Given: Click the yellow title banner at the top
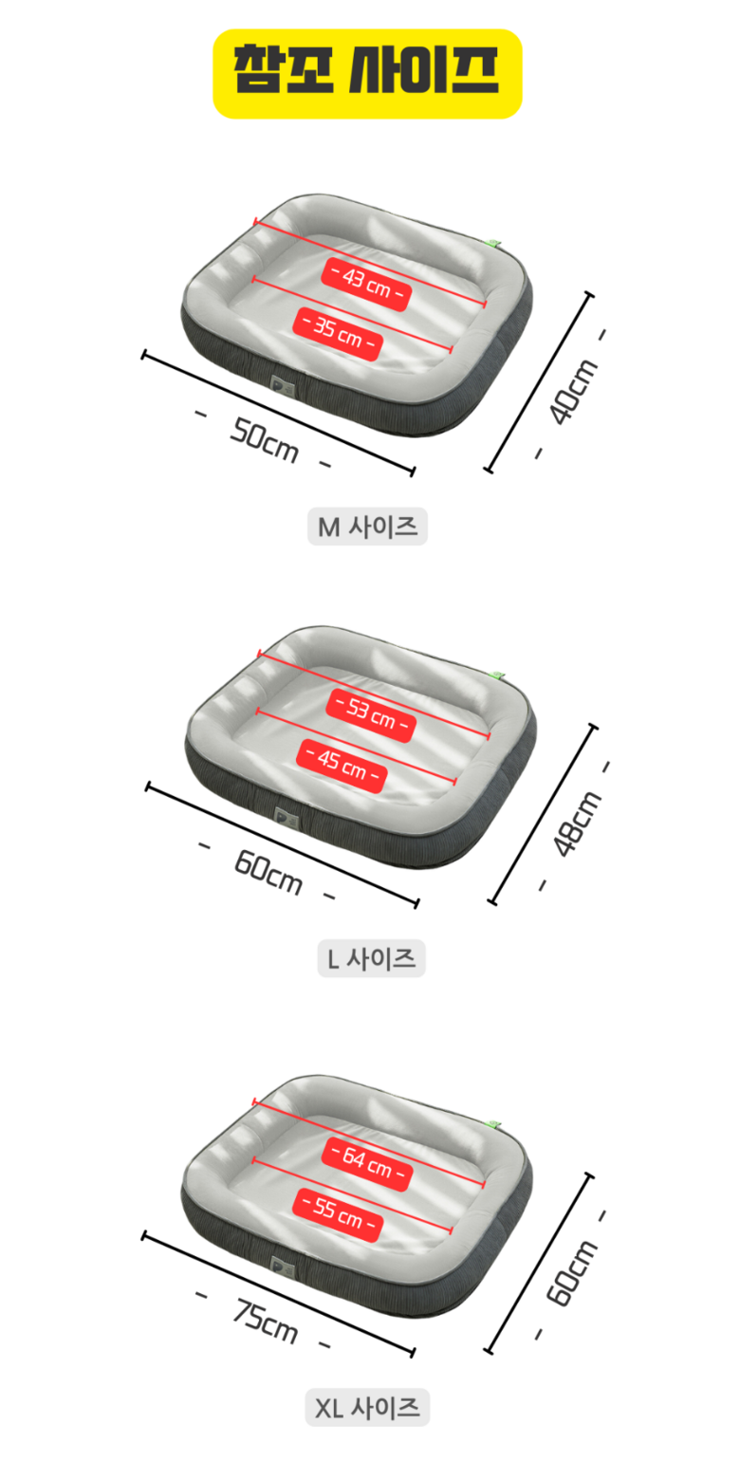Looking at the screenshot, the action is [367, 73].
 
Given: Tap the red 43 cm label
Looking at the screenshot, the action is [367, 284].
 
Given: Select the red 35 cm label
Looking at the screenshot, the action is [338, 334].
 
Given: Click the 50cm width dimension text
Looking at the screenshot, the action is [265, 441].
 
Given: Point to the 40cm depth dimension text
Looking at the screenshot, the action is [573, 391].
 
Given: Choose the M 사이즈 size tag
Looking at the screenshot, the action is [367, 527].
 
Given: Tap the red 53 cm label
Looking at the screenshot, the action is [371, 715].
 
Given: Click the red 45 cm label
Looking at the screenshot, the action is [342, 766].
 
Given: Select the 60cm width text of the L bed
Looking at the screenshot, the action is [268, 872].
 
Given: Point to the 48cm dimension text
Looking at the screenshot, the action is [578, 823].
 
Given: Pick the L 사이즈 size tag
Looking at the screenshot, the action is [371, 958].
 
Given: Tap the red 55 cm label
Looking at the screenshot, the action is [338, 1214].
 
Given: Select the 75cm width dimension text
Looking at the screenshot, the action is [265, 1321].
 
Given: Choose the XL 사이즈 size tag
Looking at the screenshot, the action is [367, 1408].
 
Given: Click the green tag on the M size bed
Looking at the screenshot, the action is [494, 244].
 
